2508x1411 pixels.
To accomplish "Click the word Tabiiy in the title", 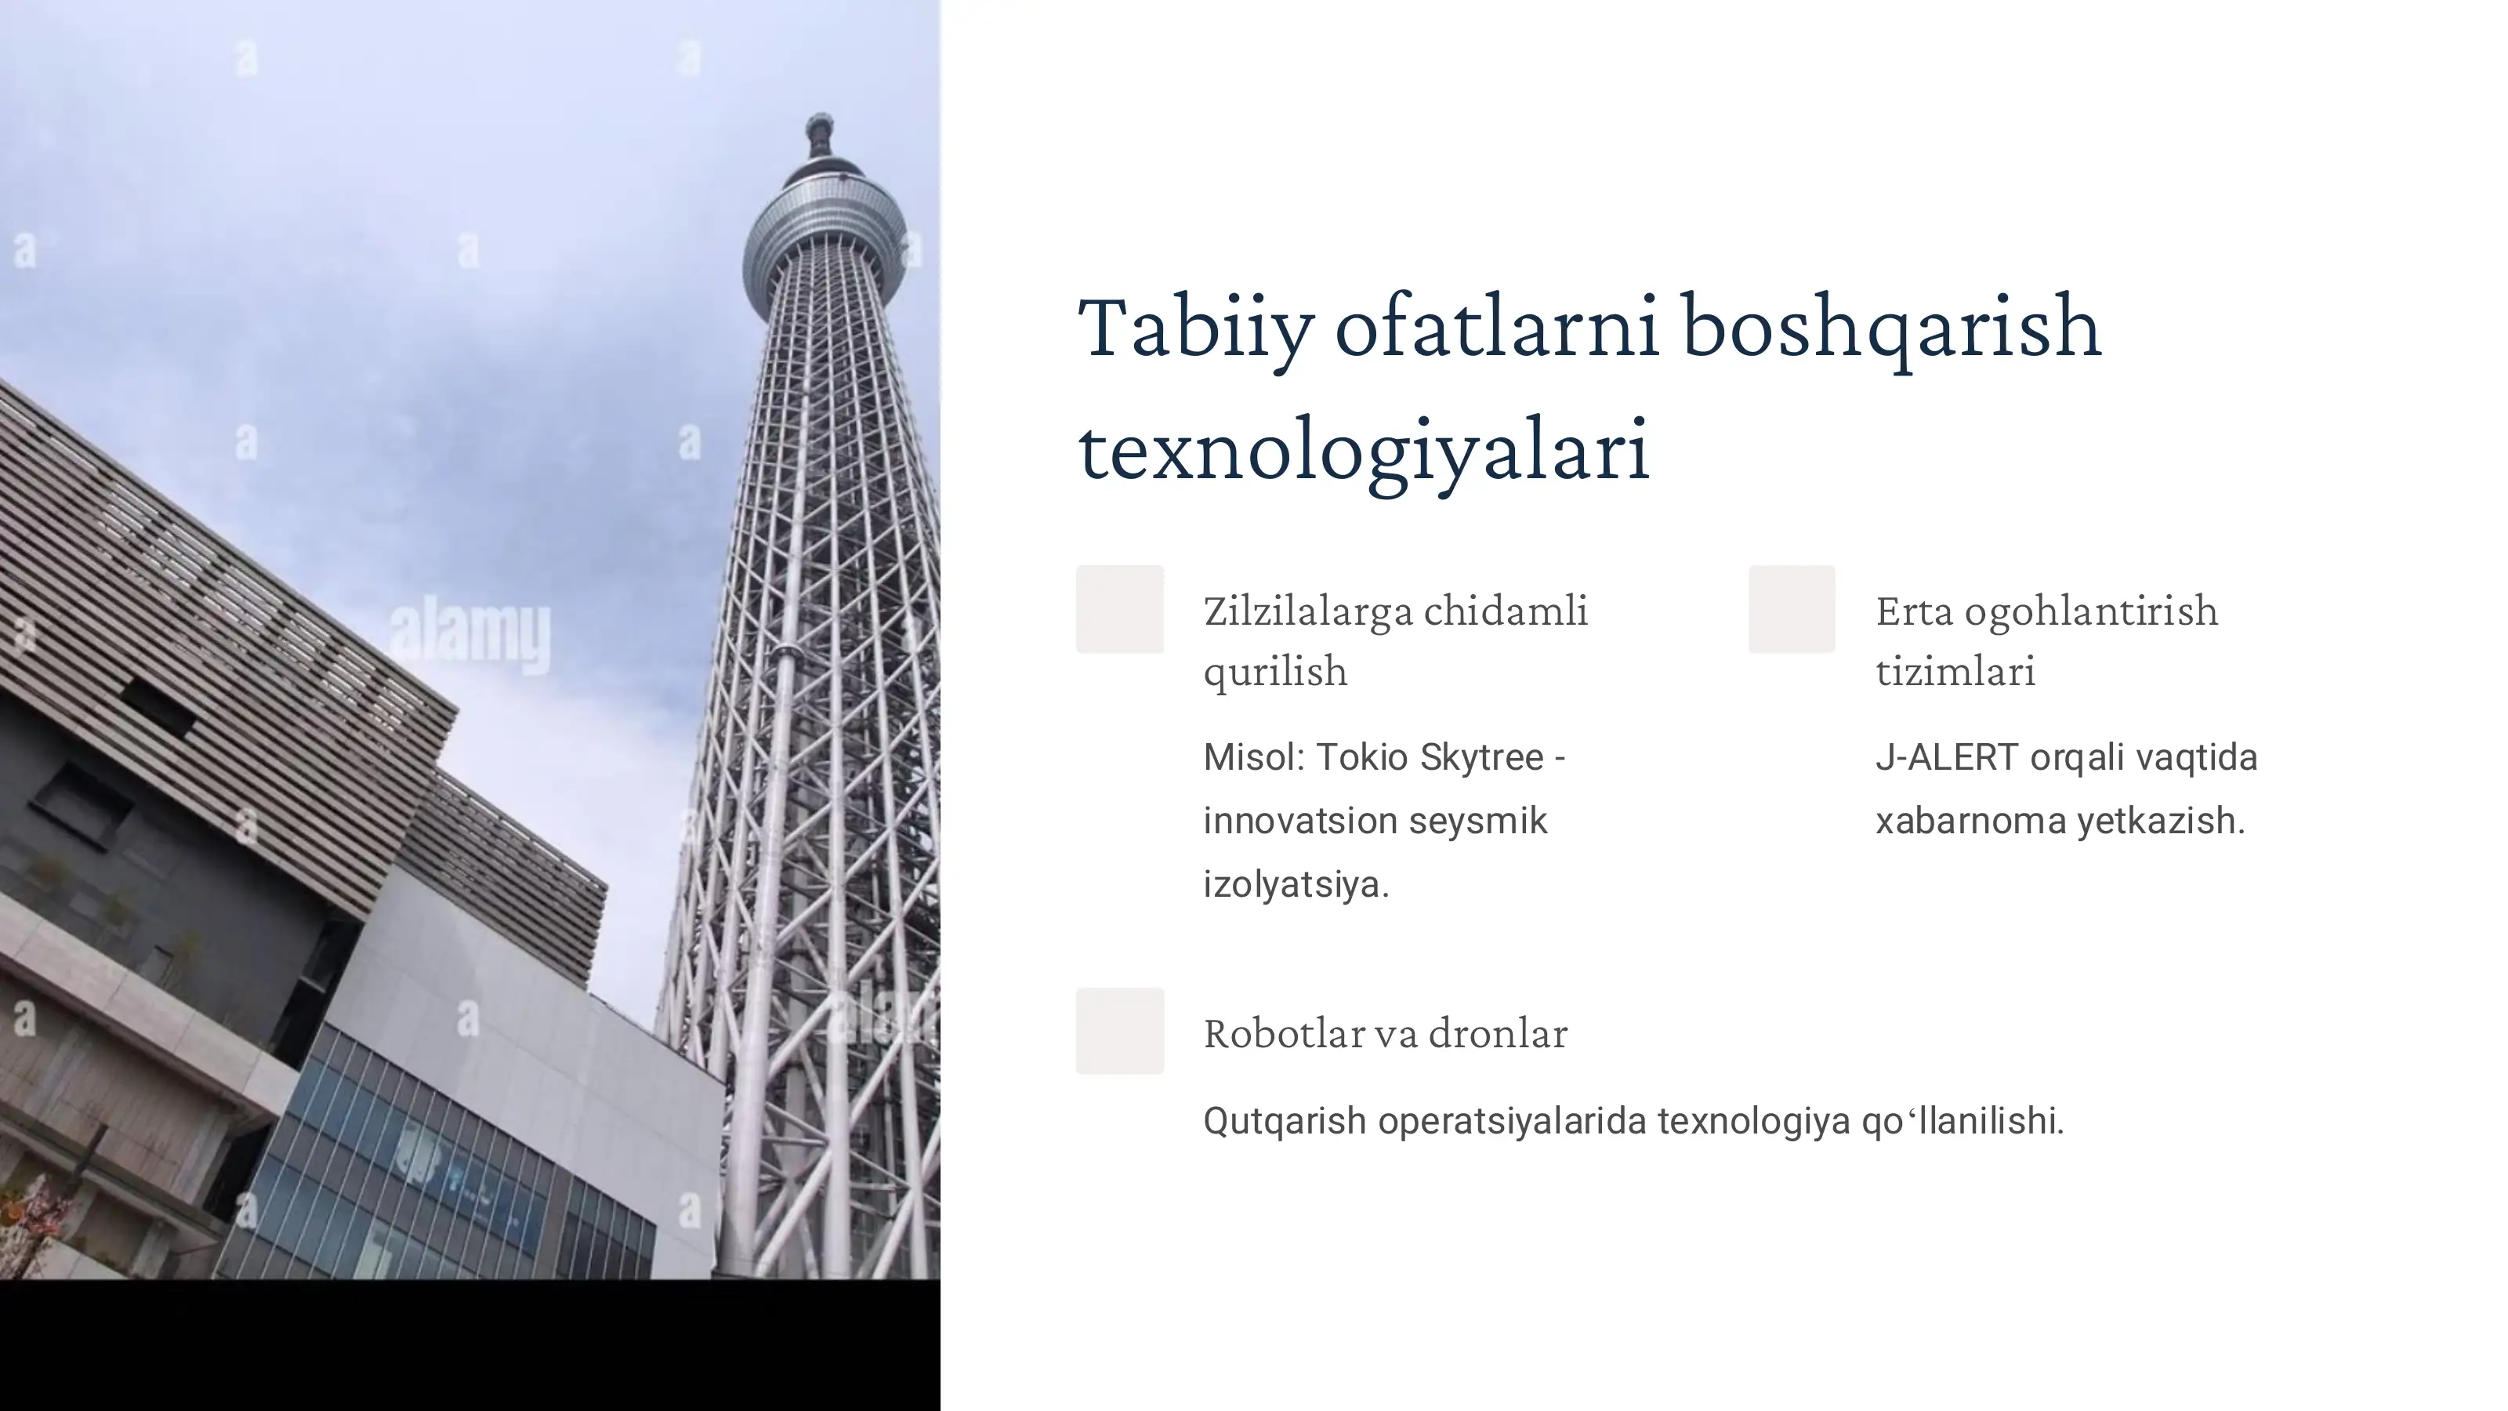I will point(1195,329).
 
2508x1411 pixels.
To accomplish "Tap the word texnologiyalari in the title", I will point(1363,451).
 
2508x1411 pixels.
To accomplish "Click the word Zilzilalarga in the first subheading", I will point(1307,611).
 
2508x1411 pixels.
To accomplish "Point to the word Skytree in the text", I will point(1481,757).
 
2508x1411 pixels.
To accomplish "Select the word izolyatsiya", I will point(1295,884).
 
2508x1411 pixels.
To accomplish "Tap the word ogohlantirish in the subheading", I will point(2090,611).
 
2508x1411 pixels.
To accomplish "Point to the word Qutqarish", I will point(1285,1121).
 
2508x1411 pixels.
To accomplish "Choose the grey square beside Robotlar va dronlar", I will point(1120,1032).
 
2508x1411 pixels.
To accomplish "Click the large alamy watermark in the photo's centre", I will point(470,635).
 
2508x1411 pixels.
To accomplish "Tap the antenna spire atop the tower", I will point(820,136).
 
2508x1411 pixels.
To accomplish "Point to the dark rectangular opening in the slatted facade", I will point(156,707).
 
